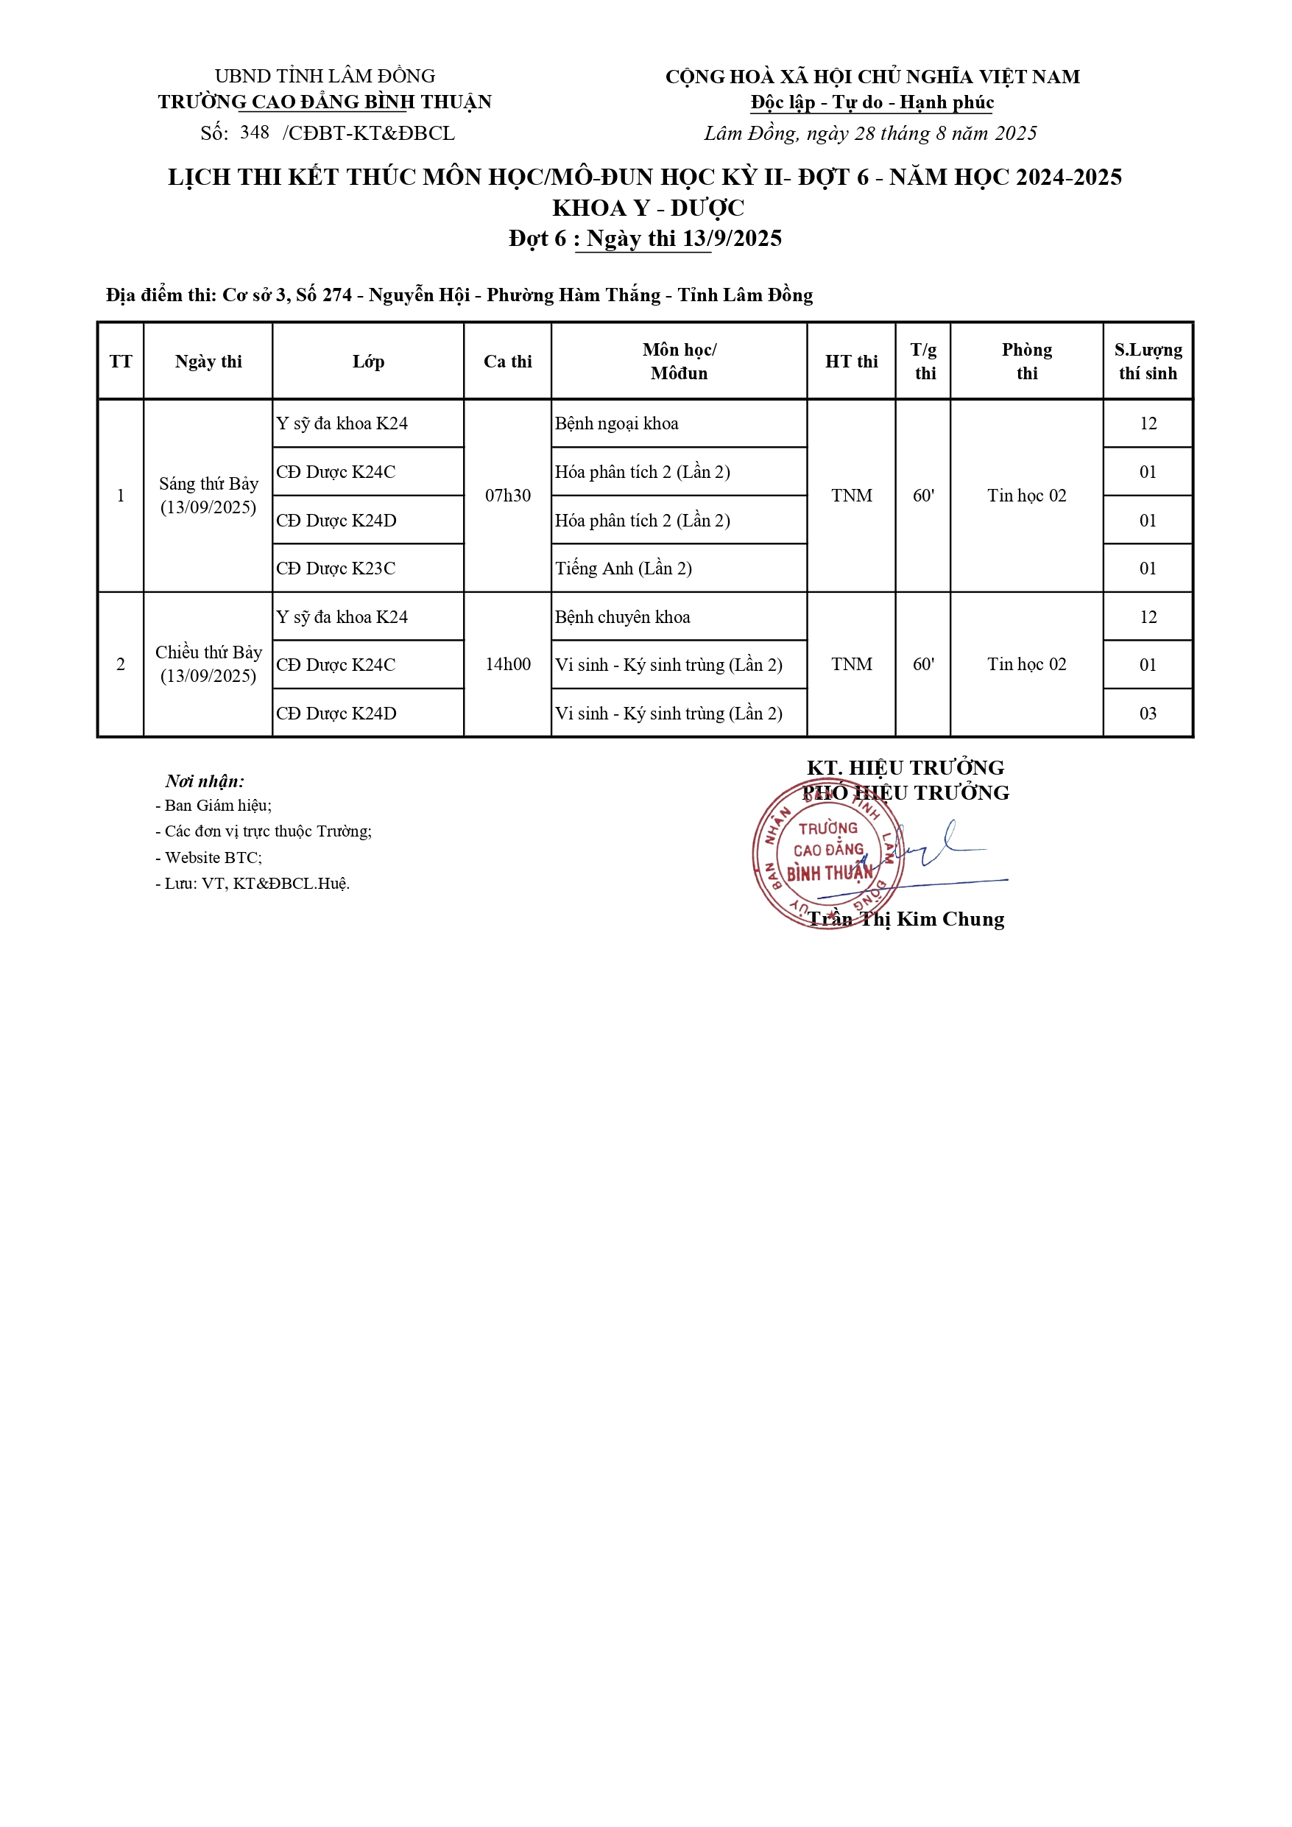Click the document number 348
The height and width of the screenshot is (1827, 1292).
point(255,132)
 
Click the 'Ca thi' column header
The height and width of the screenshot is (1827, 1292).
point(507,362)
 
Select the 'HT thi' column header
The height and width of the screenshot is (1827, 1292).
point(851,362)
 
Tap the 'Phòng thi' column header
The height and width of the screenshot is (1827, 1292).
point(1026,362)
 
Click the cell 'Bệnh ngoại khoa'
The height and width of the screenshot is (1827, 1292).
point(617,423)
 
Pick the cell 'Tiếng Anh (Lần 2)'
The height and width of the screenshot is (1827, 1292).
point(623,568)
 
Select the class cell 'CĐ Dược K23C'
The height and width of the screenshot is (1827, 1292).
point(336,568)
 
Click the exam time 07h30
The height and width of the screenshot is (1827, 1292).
point(507,495)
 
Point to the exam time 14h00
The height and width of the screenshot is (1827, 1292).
point(507,664)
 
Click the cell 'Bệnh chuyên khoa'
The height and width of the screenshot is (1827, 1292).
point(622,616)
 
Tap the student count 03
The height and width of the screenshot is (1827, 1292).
point(1147,713)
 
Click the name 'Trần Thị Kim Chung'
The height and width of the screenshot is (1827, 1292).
point(906,919)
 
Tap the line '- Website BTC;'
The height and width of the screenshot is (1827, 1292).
point(208,857)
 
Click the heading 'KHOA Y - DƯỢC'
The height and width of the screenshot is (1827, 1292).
point(649,208)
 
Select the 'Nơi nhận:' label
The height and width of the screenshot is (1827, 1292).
point(205,781)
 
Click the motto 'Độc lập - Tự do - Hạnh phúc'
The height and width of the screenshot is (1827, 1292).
point(872,102)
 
